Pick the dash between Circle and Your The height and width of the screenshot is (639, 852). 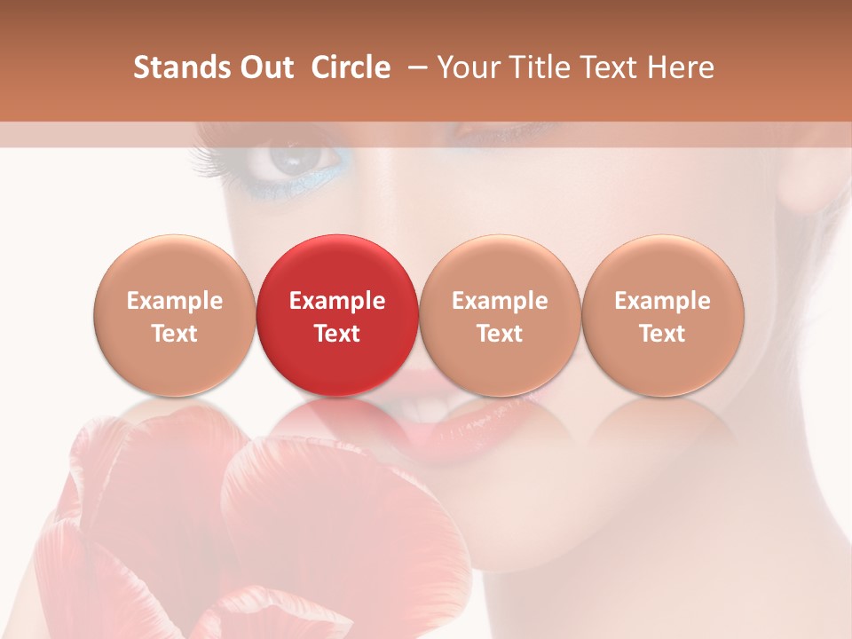pyautogui.click(x=414, y=68)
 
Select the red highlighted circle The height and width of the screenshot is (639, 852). pyautogui.click(x=337, y=315)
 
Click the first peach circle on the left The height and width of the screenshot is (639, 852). pyautogui.click(x=175, y=315)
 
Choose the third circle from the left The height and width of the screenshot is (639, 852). pyautogui.click(x=500, y=315)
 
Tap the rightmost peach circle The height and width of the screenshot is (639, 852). pyautogui.click(x=663, y=315)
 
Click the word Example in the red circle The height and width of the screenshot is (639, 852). pyautogui.click(x=337, y=301)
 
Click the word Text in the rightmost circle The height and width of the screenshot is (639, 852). pyautogui.click(x=663, y=334)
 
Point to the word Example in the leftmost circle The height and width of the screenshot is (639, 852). pyautogui.click(x=175, y=301)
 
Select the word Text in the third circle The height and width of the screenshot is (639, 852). pyautogui.click(x=500, y=334)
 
